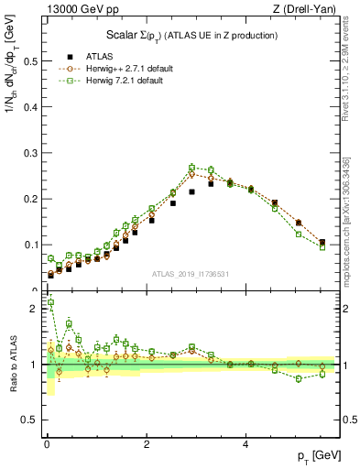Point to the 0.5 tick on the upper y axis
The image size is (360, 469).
pyautogui.click(x=28, y=61)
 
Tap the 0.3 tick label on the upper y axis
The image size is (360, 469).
pyautogui.click(x=28, y=153)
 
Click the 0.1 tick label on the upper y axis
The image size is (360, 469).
pyautogui.click(x=28, y=245)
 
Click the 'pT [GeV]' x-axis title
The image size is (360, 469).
pyautogui.click(x=313, y=455)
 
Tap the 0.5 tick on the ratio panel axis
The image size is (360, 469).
pyautogui.click(x=28, y=420)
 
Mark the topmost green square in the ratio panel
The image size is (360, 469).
pyautogui.click(x=50, y=302)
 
